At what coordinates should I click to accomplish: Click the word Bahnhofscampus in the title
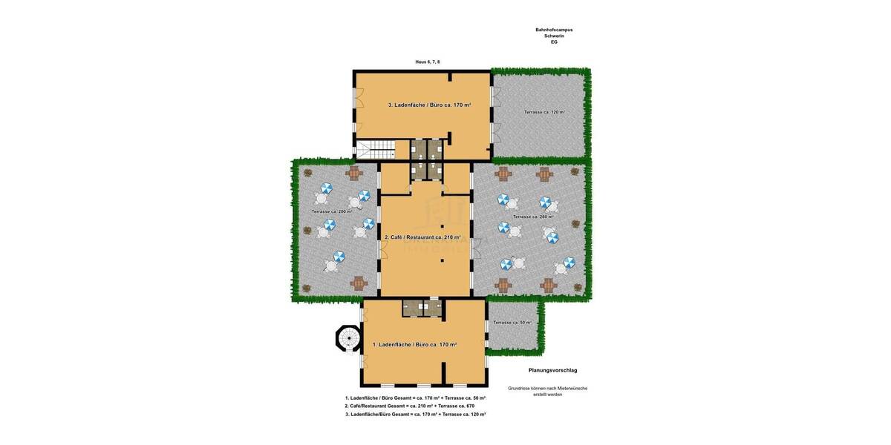pyautogui.click(x=554, y=30)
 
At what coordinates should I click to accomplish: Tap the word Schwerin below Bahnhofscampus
pyautogui.click(x=554, y=36)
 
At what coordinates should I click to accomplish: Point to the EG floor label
pyautogui.click(x=554, y=42)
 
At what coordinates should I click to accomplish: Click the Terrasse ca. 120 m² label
pyautogui.click(x=544, y=112)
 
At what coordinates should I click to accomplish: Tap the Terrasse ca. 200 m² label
pyautogui.click(x=332, y=211)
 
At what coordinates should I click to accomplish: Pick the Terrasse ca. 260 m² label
pyautogui.click(x=532, y=217)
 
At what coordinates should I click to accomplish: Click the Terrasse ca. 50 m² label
pyautogui.click(x=512, y=323)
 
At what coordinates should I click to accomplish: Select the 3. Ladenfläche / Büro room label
pyautogui.click(x=429, y=105)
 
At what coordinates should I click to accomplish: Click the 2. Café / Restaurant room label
pyautogui.click(x=422, y=237)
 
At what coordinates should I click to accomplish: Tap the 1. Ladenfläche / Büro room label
pyautogui.click(x=414, y=345)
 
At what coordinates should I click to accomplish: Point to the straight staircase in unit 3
pyautogui.click(x=374, y=150)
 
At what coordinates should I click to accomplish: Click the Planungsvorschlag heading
pyautogui.click(x=552, y=370)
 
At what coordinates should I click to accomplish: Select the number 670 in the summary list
pyautogui.click(x=470, y=406)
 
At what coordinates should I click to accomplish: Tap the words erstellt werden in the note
pyautogui.click(x=547, y=395)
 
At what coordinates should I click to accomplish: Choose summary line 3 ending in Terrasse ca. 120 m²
pyautogui.click(x=415, y=414)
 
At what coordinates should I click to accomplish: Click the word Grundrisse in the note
pyautogui.click(x=519, y=388)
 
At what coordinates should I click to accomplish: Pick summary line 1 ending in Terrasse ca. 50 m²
pyautogui.click(x=415, y=398)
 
